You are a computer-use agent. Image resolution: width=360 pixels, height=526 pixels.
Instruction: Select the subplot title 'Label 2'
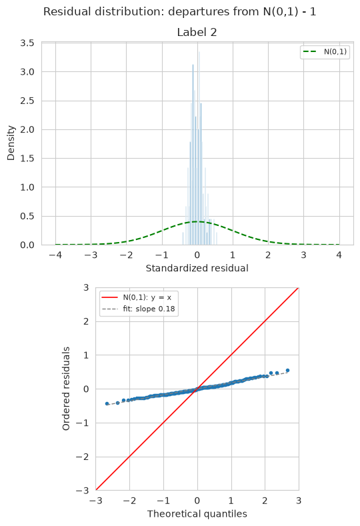pyautogui.click(x=197, y=33)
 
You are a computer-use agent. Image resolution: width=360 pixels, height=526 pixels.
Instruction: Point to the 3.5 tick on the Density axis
pyautogui.click(x=27, y=43)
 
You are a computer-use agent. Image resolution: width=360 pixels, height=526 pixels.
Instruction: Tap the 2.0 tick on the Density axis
pyautogui.click(x=27, y=129)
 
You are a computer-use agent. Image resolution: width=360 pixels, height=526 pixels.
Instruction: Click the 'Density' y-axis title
pyautogui.click(x=11, y=143)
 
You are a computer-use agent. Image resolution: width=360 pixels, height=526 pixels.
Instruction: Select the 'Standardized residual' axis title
pyautogui.click(x=197, y=269)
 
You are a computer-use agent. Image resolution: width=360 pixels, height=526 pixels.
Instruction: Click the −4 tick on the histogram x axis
pyautogui.click(x=55, y=255)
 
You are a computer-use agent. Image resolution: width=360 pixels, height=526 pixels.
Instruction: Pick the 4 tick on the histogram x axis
pyautogui.click(x=339, y=255)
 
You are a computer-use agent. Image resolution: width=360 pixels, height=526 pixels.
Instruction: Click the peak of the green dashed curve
pyautogui.click(x=197, y=221)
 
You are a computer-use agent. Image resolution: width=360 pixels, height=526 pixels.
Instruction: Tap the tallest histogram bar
pyautogui.click(x=199, y=148)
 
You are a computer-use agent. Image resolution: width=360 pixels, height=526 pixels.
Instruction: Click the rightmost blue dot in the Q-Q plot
pyautogui.click(x=287, y=371)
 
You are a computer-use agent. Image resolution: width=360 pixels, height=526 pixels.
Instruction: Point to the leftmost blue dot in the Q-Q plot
pyautogui.click(x=107, y=403)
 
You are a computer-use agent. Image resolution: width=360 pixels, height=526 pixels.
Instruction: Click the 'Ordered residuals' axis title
pyautogui.click(x=66, y=389)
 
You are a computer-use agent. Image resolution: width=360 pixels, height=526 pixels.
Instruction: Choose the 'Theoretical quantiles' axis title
pyautogui.click(x=197, y=514)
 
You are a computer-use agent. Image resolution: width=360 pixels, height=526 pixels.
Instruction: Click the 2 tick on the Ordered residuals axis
pyautogui.click(x=86, y=321)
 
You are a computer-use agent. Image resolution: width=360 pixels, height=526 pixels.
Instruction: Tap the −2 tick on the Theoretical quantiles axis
pyautogui.click(x=129, y=501)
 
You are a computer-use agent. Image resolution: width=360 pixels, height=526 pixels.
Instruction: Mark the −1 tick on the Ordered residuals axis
pyautogui.click(x=83, y=423)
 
